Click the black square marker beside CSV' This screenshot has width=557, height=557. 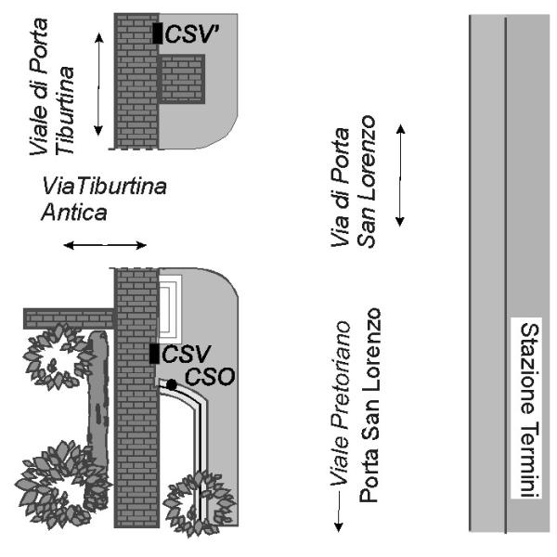[158, 33]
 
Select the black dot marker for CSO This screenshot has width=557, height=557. [172, 383]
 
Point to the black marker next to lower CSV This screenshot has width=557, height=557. [155, 354]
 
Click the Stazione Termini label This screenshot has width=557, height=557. [528, 412]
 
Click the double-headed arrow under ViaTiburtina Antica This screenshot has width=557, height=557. [104, 246]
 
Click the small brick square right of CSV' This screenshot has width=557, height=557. [182, 78]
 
